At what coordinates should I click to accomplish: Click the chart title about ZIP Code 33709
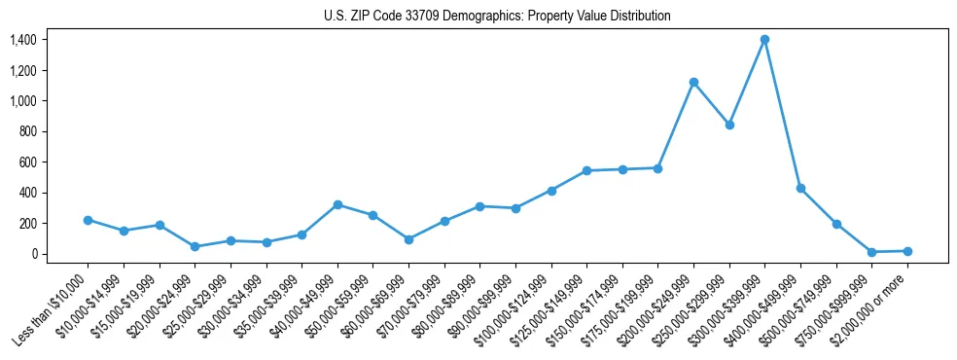tap(497, 17)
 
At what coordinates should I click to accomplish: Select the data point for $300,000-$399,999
tap(764, 39)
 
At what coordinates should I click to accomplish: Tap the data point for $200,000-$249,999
tap(693, 82)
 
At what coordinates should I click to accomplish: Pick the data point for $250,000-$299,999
tap(729, 125)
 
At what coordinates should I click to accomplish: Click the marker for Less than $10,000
tap(88, 220)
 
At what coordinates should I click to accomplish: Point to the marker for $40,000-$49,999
tap(337, 204)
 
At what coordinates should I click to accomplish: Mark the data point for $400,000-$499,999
tap(800, 188)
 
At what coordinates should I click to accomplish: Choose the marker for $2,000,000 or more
tap(907, 251)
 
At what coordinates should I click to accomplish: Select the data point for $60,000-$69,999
tap(408, 239)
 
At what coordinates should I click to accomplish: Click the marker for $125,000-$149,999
tap(586, 170)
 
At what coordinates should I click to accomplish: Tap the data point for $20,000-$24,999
tap(195, 247)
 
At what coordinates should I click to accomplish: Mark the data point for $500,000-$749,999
tap(836, 224)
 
